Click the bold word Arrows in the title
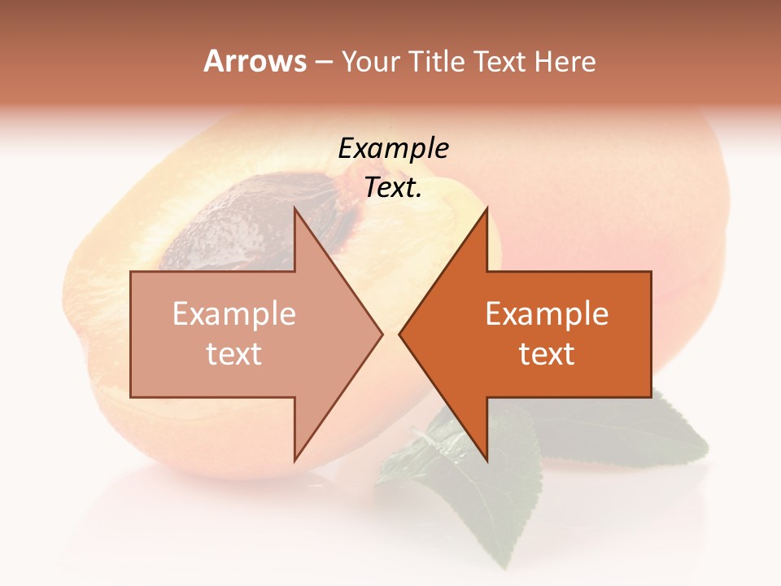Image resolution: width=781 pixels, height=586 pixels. coord(255,61)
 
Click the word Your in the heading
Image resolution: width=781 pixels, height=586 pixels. coord(369,63)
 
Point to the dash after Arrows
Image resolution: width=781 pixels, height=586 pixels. coord(323,63)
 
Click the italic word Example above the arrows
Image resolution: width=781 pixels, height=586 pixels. coord(393,149)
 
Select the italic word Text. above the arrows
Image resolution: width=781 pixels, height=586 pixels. coord(393,188)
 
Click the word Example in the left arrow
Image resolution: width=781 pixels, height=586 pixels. coord(234,314)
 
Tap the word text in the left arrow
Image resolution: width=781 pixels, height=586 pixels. coord(234,354)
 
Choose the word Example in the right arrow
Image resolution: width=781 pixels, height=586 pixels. coord(547,314)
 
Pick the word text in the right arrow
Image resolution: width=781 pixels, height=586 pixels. coord(547,354)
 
